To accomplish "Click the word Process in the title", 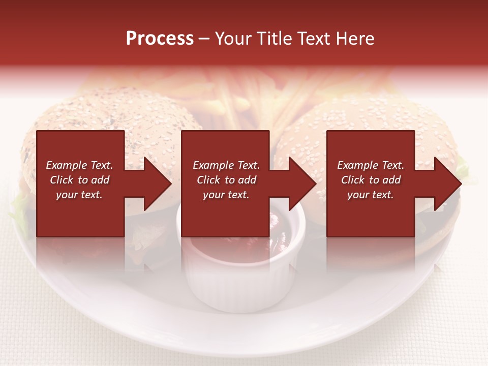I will (160, 39).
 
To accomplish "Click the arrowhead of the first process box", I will (158, 184).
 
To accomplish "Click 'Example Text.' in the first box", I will (79, 165).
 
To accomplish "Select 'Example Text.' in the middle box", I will (226, 165).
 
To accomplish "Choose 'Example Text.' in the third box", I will (371, 165).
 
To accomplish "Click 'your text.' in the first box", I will (79, 195).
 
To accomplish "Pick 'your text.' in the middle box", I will (226, 195).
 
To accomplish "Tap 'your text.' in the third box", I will (371, 195).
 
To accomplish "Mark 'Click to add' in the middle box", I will (226, 180).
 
